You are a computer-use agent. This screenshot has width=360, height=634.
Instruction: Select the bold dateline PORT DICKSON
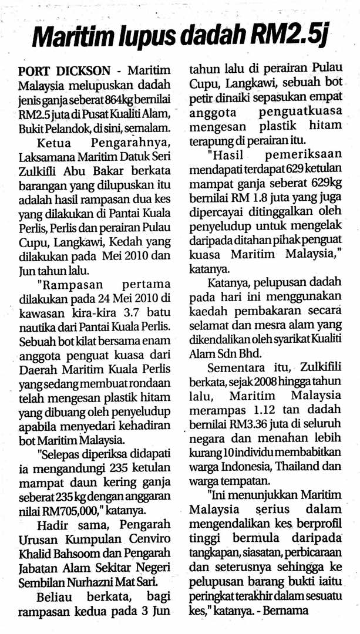point(65,70)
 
